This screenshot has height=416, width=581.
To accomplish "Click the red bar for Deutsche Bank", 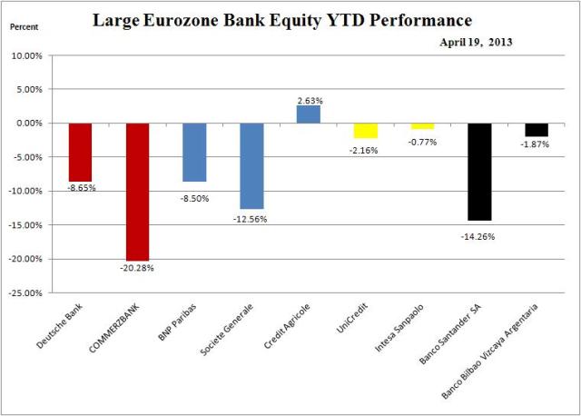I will pyautogui.click(x=80, y=152).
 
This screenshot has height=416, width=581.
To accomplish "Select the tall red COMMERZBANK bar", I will pyautogui.click(x=137, y=192).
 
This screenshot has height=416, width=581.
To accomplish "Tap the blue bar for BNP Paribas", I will pyautogui.click(x=194, y=152).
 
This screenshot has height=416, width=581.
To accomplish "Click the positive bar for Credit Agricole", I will pyautogui.click(x=309, y=114).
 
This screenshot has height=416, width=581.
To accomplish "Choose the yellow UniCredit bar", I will pyautogui.click(x=366, y=130).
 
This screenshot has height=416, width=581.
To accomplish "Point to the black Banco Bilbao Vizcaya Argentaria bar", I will pyautogui.click(x=537, y=129).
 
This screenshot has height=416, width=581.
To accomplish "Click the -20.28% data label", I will pyautogui.click(x=137, y=269).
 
